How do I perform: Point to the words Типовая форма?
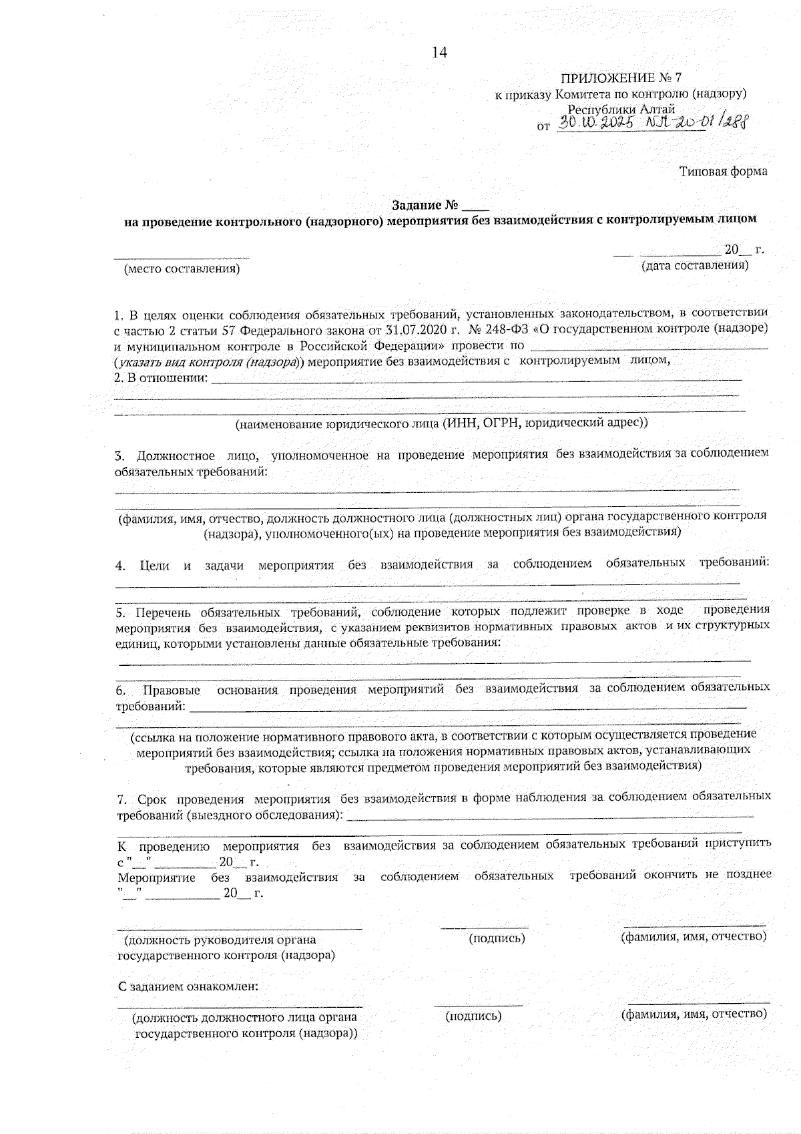pyautogui.click(x=723, y=172)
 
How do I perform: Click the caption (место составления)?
pyautogui.click(x=182, y=268)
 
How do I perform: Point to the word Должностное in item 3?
pyautogui.click(x=176, y=456)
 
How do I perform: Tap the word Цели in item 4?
pyautogui.click(x=155, y=565)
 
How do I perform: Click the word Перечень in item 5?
pyautogui.click(x=163, y=612)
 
